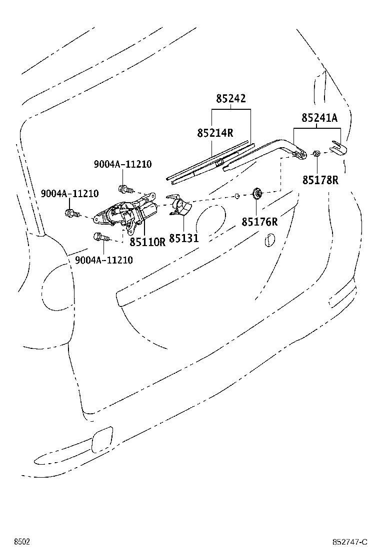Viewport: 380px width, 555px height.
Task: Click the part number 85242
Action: coord(231,99)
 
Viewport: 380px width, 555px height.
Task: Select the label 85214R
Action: coord(215,133)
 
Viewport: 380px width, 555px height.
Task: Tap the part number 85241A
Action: coord(319,118)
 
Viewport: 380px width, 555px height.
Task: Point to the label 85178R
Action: coord(320,180)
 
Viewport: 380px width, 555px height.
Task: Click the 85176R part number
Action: coord(259,222)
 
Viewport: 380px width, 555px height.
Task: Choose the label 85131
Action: coord(183,239)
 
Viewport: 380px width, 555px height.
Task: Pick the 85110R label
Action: coord(147,242)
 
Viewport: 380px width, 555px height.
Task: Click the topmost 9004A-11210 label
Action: coord(122,164)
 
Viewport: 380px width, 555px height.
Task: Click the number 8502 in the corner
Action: coord(21,542)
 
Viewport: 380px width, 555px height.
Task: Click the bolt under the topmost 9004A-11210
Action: coord(124,189)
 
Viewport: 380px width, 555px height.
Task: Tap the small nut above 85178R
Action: coord(316,153)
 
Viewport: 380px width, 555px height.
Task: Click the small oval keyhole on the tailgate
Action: coord(270,239)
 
